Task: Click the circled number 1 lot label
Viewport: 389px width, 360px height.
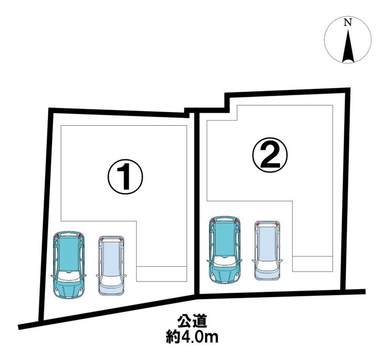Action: (x=125, y=177)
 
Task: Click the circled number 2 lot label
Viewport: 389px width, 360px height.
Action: (x=270, y=155)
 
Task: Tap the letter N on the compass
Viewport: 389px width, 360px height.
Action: (x=348, y=23)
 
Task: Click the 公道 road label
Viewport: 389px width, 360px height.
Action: (x=192, y=322)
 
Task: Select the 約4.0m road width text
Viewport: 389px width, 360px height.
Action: (x=192, y=337)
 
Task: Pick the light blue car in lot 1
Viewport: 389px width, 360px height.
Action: (x=111, y=266)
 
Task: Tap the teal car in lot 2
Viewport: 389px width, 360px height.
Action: (x=225, y=249)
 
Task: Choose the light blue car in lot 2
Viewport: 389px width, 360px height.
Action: (x=267, y=251)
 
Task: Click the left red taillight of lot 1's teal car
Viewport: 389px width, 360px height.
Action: (x=57, y=236)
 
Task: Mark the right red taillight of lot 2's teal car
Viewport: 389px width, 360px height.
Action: (x=236, y=221)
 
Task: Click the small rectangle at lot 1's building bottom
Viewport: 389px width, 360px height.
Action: (x=161, y=274)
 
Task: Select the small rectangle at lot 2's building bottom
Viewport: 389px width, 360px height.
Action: (x=313, y=264)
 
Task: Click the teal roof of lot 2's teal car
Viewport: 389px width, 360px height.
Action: (x=224, y=239)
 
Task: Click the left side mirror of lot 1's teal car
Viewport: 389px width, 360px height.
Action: (x=53, y=276)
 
